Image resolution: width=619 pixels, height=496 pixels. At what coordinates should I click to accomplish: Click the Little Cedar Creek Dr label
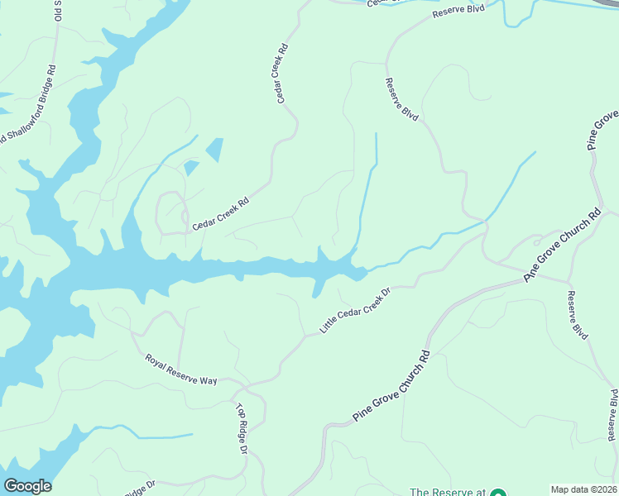pyautogui.click(x=354, y=312)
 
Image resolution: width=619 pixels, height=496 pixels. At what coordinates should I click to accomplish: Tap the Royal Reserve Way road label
pyautogui.click(x=180, y=370)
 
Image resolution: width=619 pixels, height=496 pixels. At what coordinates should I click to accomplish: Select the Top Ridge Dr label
pyautogui.click(x=242, y=428)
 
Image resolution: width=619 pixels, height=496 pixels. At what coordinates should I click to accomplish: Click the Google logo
pyautogui.click(x=27, y=486)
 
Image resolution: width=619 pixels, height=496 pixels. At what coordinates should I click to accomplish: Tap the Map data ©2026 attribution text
pyautogui.click(x=583, y=489)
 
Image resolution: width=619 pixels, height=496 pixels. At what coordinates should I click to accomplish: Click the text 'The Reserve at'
pyautogui.click(x=447, y=492)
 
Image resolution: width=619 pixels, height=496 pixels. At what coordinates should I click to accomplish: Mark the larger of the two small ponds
pyautogui.click(x=214, y=149)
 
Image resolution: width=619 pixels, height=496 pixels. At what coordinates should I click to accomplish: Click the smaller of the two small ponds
pyautogui.click(x=191, y=168)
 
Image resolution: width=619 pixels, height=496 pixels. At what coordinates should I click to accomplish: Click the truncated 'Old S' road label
pyautogui.click(x=59, y=13)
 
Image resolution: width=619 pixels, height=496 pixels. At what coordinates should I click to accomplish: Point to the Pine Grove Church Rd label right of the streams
pyautogui.click(x=562, y=246)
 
